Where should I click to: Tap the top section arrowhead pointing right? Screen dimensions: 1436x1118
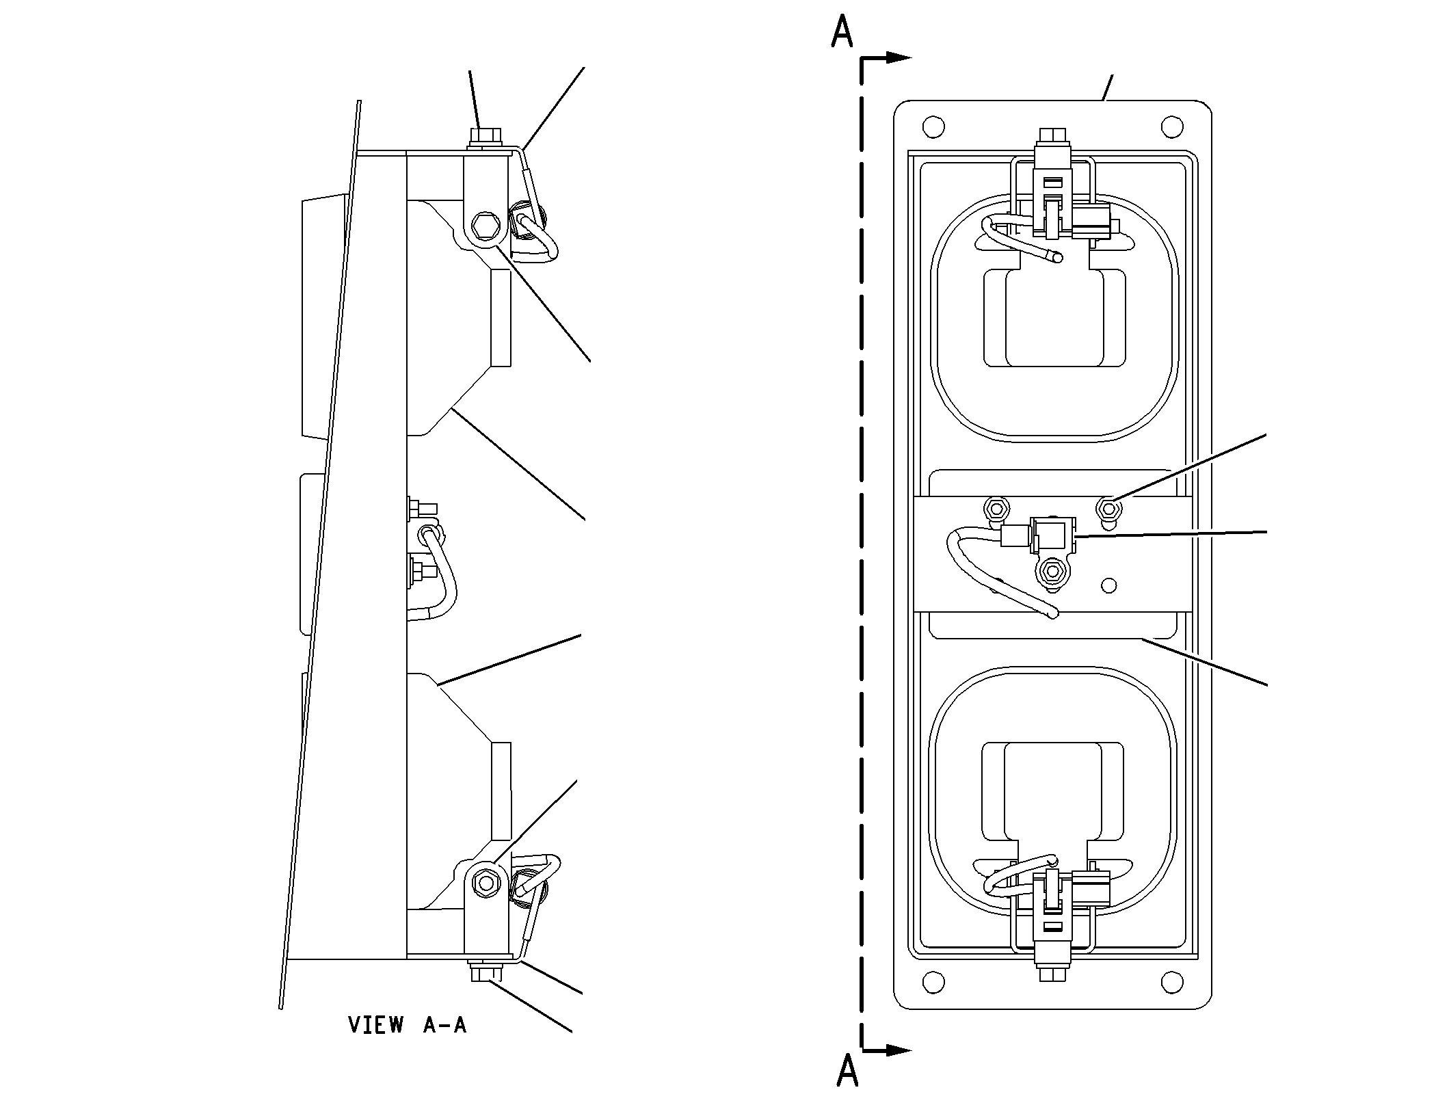899,58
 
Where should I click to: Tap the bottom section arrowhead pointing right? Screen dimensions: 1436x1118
899,1050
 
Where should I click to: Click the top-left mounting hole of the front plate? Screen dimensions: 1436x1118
933,127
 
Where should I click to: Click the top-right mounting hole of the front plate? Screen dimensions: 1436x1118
1172,127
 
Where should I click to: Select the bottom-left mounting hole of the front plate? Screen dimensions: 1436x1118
933,982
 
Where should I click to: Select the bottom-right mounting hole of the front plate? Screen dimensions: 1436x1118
1172,982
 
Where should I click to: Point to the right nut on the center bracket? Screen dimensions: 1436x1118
1108,509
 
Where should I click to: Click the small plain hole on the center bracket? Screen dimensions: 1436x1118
1110,585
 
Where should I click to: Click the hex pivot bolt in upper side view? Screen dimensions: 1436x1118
485,226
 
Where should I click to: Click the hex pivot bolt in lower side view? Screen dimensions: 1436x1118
486,883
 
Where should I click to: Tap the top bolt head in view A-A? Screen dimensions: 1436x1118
485,136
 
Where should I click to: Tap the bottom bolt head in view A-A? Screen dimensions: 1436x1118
486,972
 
